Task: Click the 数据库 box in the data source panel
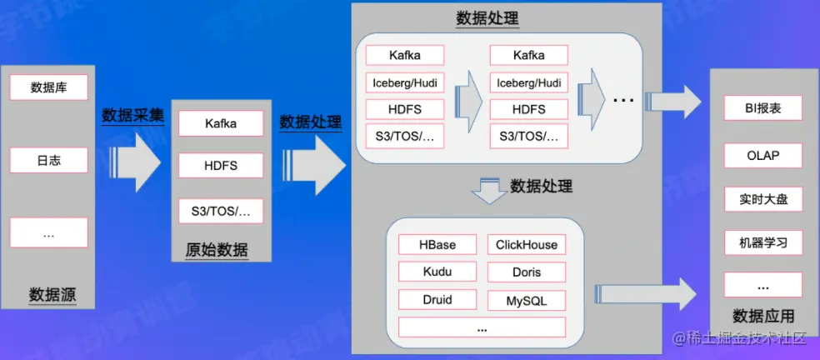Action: (x=48, y=87)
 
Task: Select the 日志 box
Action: (x=48, y=159)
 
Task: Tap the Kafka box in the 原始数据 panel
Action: (x=221, y=123)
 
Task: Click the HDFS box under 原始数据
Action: (x=221, y=166)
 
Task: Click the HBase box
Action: (x=437, y=244)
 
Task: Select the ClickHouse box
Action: (x=526, y=244)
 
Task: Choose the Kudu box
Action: (x=437, y=272)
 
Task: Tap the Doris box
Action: (x=526, y=272)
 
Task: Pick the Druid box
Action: (x=437, y=300)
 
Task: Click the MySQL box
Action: (x=526, y=300)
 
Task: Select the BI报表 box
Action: (x=762, y=108)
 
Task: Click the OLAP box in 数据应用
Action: (x=762, y=155)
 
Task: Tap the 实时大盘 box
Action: (x=762, y=199)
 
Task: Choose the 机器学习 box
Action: (x=762, y=243)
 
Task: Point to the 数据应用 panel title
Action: (x=762, y=316)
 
